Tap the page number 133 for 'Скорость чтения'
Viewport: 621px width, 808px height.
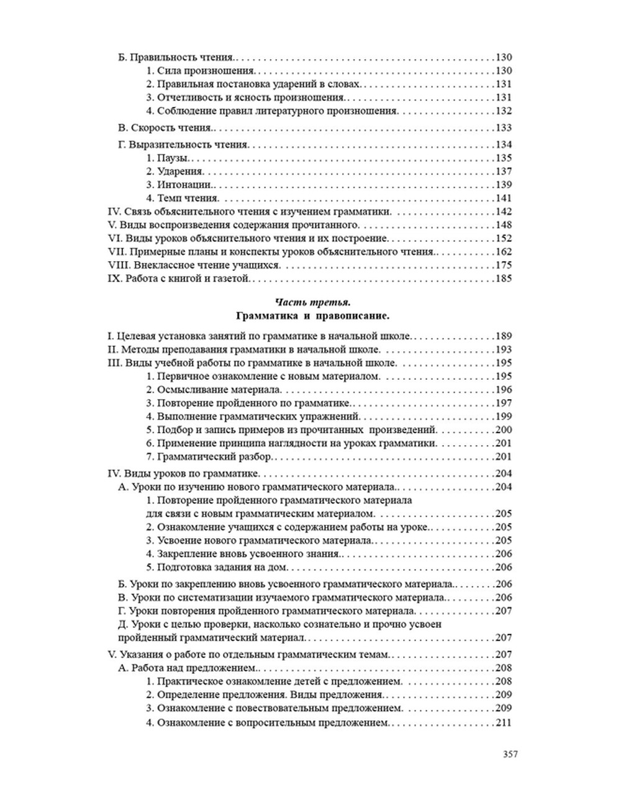pyautogui.click(x=504, y=127)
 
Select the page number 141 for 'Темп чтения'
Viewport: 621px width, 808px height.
pyautogui.click(x=504, y=198)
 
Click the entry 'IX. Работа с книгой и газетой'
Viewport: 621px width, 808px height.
pyautogui.click(x=179, y=278)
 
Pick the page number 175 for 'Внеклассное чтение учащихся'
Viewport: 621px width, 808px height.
pyautogui.click(x=504, y=265)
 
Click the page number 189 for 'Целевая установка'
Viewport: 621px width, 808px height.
pyautogui.click(x=504, y=336)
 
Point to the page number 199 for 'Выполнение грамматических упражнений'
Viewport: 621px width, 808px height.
pyautogui.click(x=504, y=416)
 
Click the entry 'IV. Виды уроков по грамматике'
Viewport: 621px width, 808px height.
pyautogui.click(x=175, y=474)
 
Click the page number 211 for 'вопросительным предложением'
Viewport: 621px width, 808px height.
pyautogui.click(x=504, y=723)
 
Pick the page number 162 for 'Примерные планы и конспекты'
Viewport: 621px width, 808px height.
pyautogui.click(x=504, y=252)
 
